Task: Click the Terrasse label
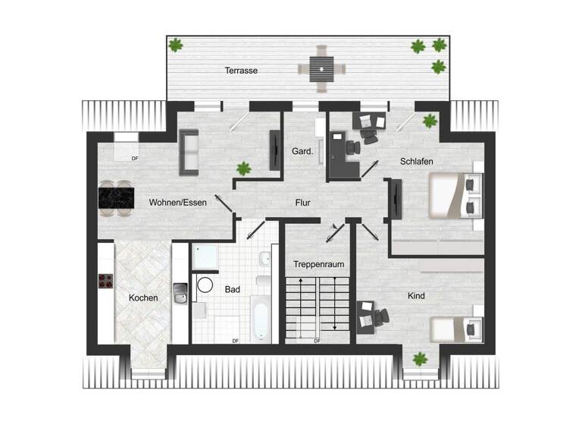(x=241, y=71)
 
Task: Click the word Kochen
(x=143, y=298)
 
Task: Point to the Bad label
(x=232, y=289)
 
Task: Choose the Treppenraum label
(x=319, y=264)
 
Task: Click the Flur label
(x=303, y=203)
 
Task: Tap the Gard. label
(x=302, y=151)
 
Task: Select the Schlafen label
(x=417, y=162)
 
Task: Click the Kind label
(x=415, y=295)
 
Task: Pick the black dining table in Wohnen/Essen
(x=117, y=199)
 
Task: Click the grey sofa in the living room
(x=188, y=150)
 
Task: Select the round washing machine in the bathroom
(x=205, y=285)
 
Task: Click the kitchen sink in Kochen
(x=180, y=291)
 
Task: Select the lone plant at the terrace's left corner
(x=176, y=46)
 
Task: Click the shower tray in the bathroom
(x=205, y=258)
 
